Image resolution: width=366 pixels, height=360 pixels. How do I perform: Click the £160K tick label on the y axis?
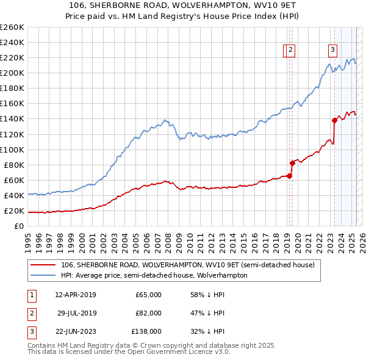point(12,103)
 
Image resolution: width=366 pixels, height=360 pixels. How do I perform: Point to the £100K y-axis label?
point(12,149)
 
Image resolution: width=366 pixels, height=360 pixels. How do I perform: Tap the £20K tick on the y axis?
point(14,211)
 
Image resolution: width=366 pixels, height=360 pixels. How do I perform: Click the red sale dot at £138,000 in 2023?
point(334,120)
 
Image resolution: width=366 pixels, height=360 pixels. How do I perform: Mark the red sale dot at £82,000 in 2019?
point(292,163)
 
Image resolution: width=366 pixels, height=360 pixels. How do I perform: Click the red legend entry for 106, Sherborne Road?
point(187,265)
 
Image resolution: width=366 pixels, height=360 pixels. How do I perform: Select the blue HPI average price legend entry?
point(154,275)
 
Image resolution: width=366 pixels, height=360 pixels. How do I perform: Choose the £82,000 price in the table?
point(148,313)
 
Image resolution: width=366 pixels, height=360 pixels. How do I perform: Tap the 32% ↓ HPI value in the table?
point(207,331)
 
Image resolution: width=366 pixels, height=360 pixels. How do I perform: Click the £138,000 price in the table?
point(146,331)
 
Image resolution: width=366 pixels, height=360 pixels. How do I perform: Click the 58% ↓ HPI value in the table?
point(207,295)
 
